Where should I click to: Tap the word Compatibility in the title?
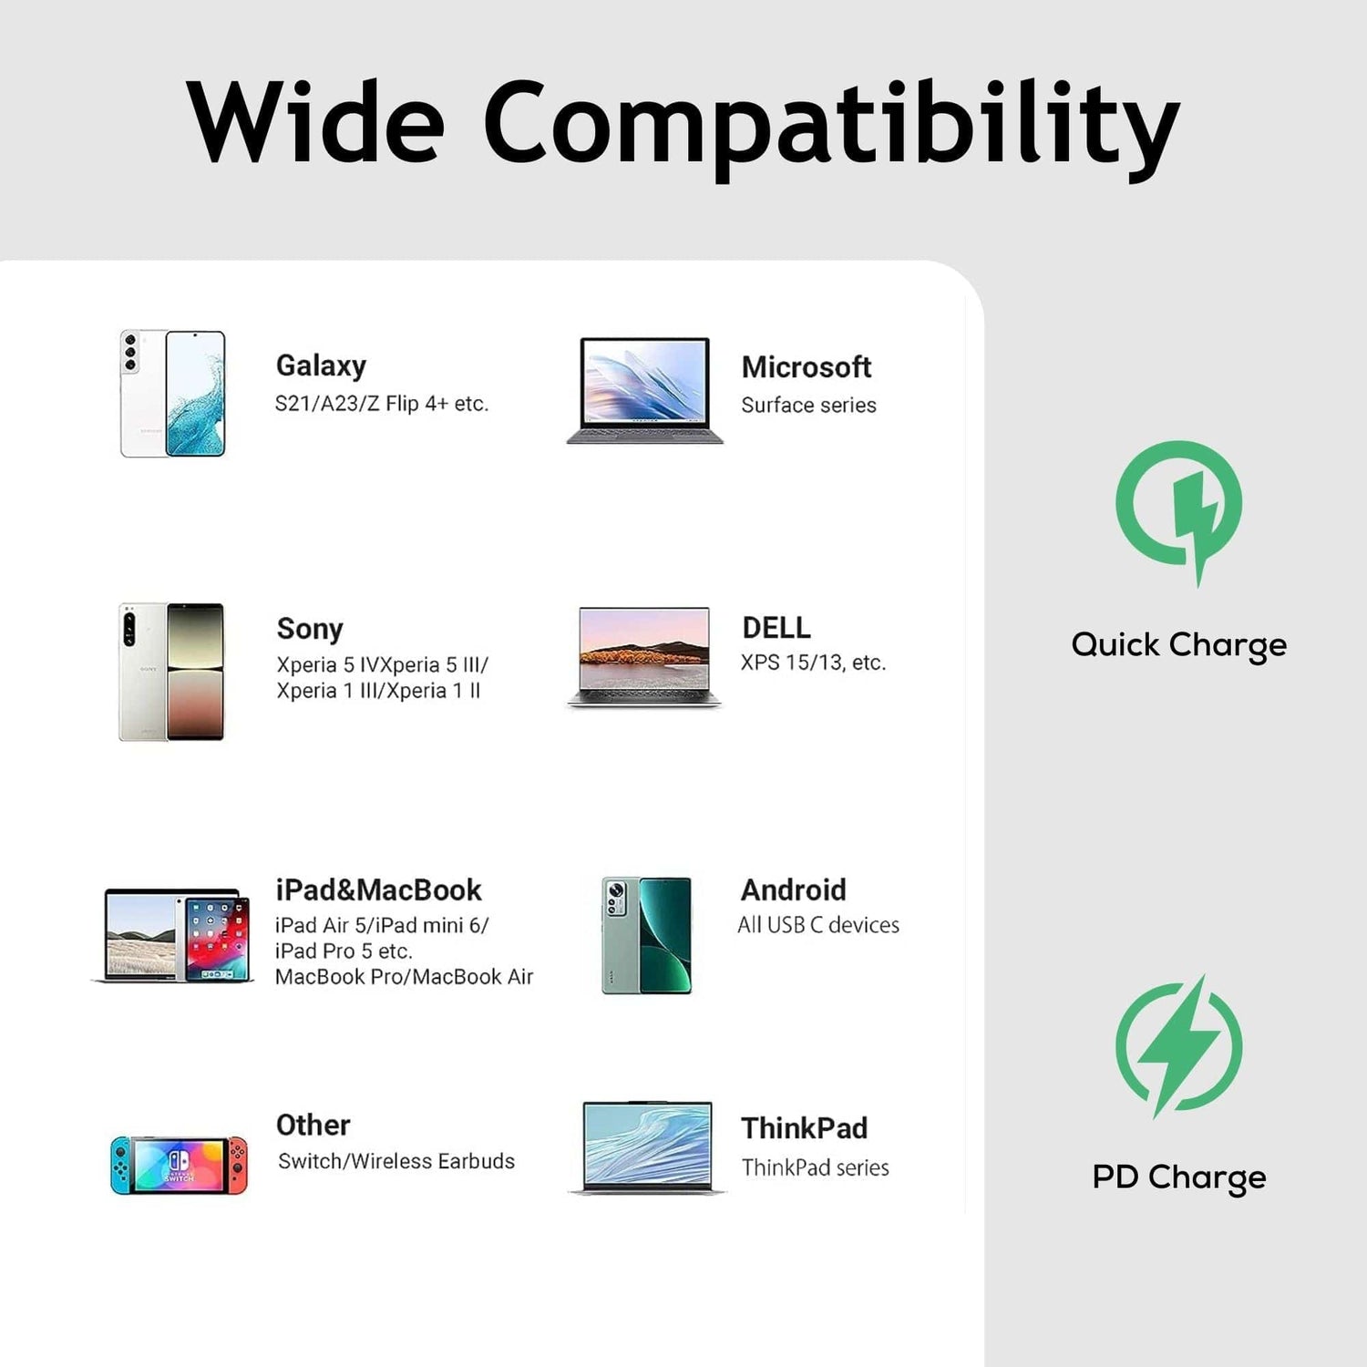coord(831,128)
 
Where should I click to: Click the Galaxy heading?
coord(321,365)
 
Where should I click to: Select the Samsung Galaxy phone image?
coord(172,394)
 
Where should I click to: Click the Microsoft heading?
coord(807,366)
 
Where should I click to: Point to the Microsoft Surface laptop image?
coord(645,390)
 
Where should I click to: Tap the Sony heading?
coord(310,628)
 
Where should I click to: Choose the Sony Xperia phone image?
coord(171,672)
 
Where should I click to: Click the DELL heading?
coord(776,627)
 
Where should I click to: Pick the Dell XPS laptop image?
coord(644,656)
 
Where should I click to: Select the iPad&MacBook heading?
coord(378,889)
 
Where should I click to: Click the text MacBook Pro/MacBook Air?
coord(404,976)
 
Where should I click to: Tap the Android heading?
coord(793,889)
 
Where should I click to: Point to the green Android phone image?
coord(646,935)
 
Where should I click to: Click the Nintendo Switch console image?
coord(179,1165)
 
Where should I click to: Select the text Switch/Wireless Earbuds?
coord(396,1161)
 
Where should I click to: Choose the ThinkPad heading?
coord(804,1128)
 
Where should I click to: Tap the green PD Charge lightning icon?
coord(1179,1046)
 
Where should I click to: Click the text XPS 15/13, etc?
coord(813,663)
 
